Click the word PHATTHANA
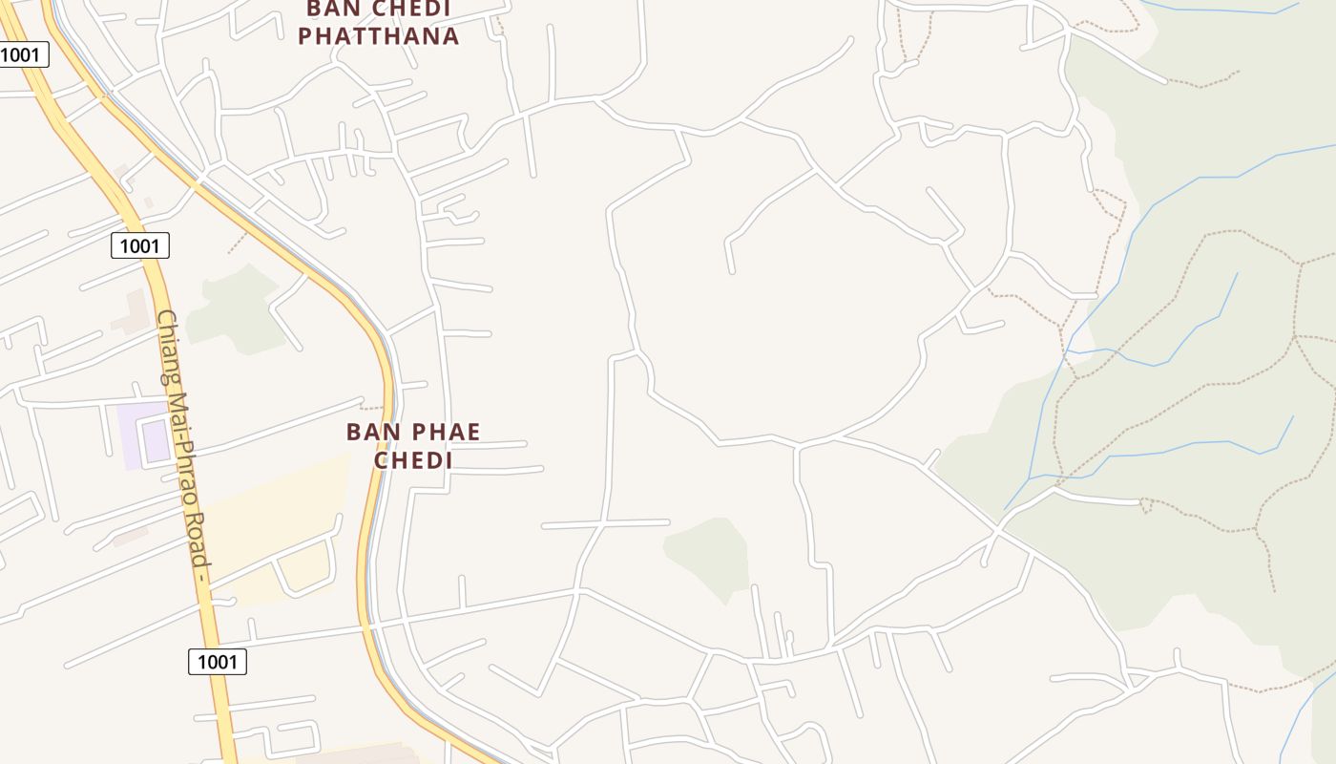(379, 36)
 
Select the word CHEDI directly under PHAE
(412, 460)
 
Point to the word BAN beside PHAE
(368, 433)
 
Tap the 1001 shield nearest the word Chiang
(140, 245)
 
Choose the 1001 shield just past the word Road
(218, 661)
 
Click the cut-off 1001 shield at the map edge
(21, 54)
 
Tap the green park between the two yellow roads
(234, 310)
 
